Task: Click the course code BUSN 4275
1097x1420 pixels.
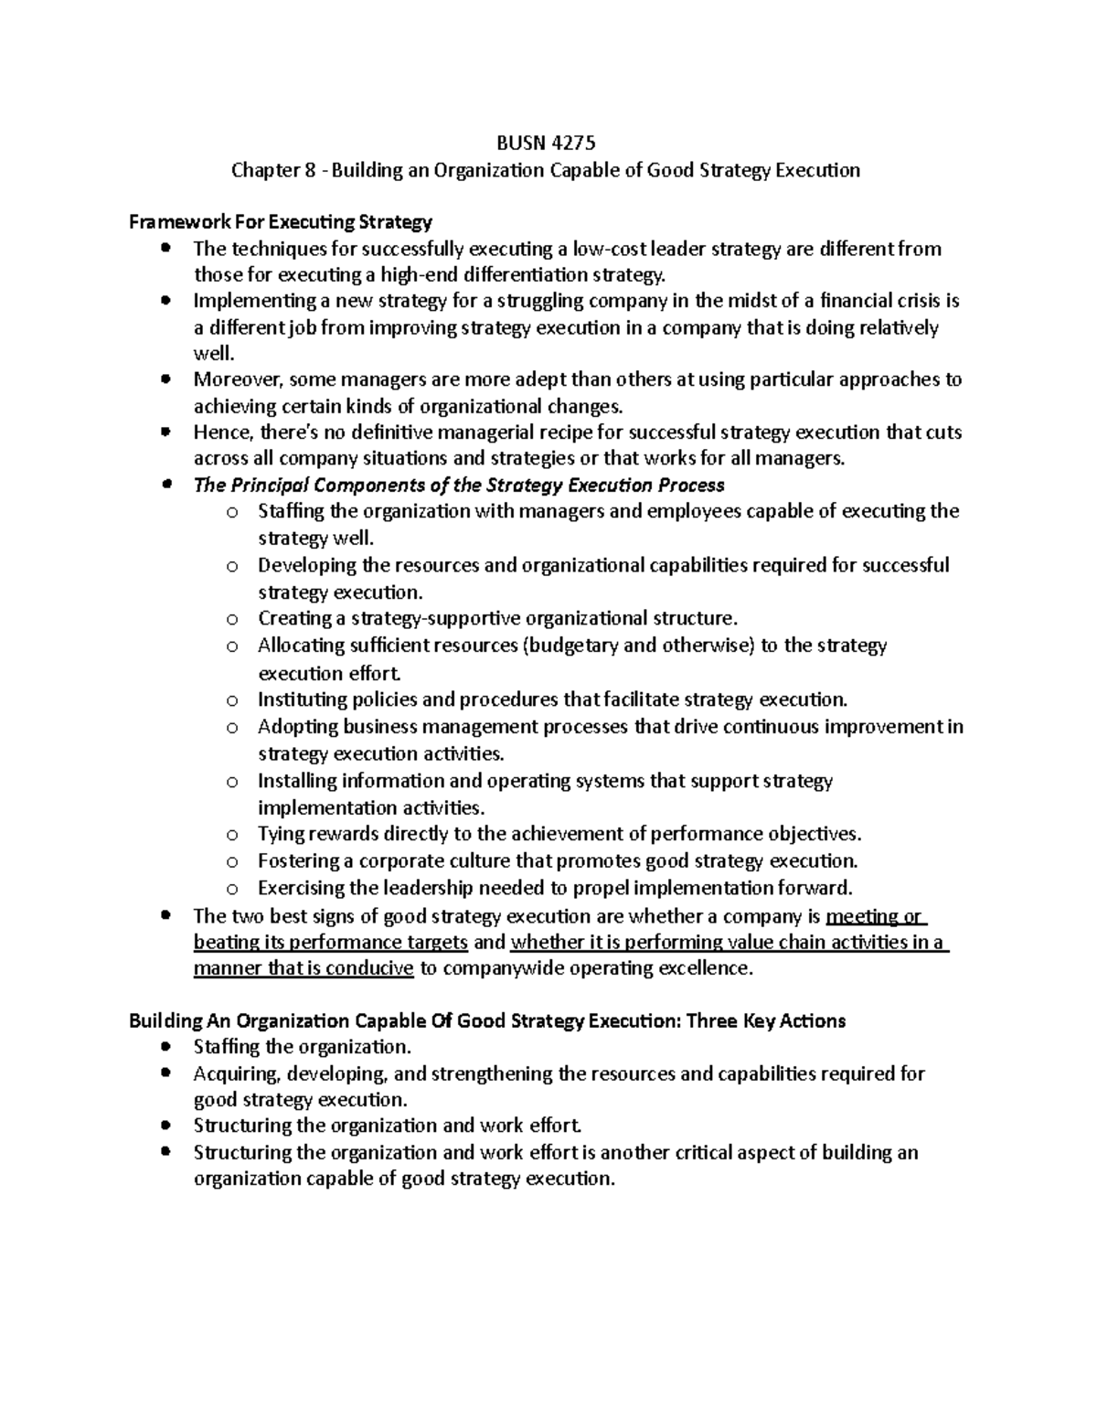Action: pos(546,143)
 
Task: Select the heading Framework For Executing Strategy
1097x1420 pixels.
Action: pos(280,222)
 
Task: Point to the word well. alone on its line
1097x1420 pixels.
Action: pos(215,354)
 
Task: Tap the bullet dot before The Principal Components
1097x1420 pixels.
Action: pos(166,486)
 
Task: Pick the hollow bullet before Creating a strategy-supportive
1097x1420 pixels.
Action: pos(232,620)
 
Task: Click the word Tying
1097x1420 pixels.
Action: pos(281,834)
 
